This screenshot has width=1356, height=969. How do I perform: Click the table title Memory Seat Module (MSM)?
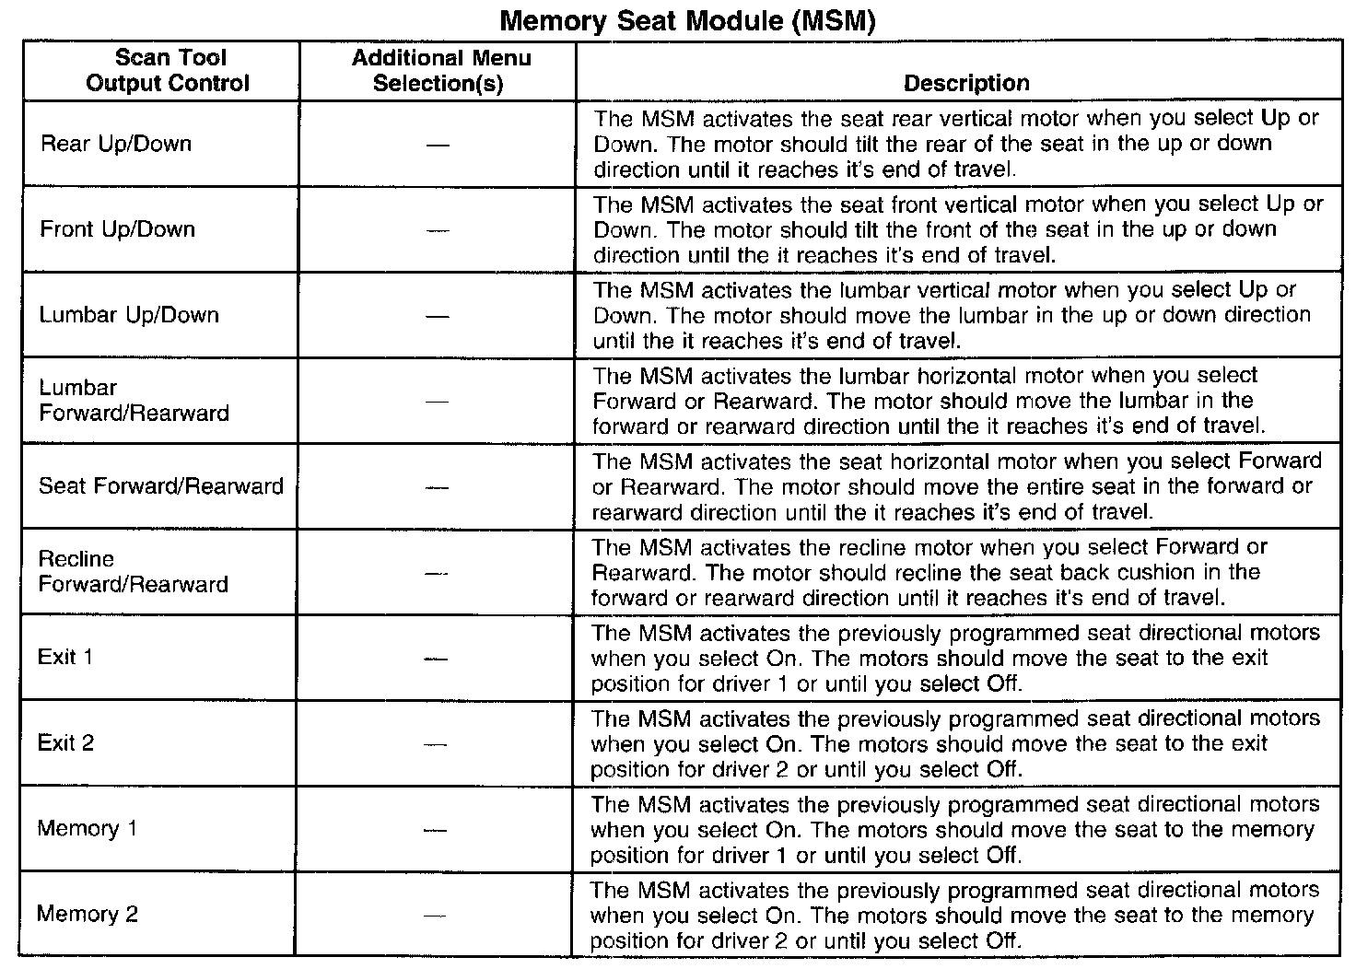point(686,20)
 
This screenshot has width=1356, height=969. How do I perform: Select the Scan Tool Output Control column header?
point(169,70)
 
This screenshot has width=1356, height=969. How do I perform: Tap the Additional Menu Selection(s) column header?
point(440,70)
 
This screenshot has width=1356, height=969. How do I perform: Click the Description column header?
point(966,83)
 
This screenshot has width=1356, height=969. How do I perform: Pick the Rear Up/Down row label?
point(116,144)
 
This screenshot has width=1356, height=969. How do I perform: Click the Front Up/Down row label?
point(118,228)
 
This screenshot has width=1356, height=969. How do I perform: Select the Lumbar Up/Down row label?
point(129,315)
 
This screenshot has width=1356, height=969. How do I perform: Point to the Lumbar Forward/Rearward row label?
point(134,401)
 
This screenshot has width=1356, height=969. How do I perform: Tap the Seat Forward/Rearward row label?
point(161,486)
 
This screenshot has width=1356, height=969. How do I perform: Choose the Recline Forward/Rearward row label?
point(133,571)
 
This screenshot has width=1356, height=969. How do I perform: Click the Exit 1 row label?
point(65,658)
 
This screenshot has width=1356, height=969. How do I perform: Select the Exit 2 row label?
point(65,742)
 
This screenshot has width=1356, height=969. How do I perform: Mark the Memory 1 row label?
point(88,828)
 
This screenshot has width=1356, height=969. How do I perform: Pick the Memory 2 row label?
point(88,914)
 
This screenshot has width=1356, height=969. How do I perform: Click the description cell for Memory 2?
point(955,916)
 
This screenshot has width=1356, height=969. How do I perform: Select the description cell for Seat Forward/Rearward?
point(956,486)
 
